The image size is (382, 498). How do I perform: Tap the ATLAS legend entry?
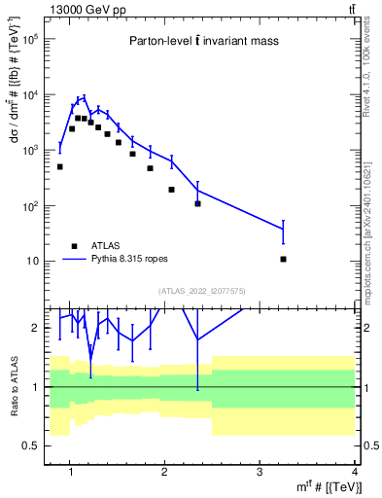pos(104,246)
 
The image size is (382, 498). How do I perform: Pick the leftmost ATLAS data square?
pos(59,167)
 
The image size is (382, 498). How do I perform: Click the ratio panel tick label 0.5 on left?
pos(29,445)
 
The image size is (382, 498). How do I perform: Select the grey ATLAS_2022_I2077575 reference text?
pos(200,289)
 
